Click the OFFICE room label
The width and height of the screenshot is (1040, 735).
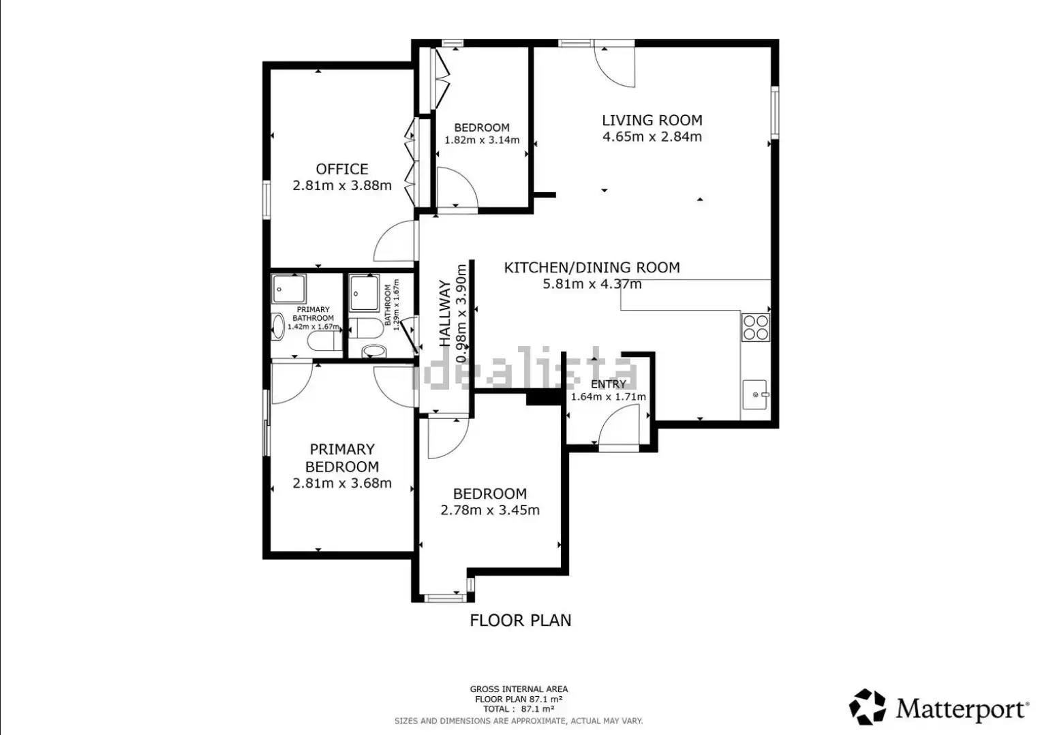(x=342, y=169)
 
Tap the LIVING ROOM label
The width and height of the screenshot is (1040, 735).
(x=652, y=120)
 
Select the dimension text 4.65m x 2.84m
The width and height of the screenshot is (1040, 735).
(x=652, y=137)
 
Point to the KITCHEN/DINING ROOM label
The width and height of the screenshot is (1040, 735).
(x=592, y=267)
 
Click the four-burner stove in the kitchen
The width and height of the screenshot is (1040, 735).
(x=755, y=328)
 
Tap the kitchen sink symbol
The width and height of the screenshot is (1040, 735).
(x=754, y=394)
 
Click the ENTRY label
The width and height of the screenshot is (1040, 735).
(x=608, y=384)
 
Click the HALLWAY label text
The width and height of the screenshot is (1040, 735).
(x=445, y=313)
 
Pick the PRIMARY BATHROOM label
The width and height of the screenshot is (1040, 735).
(x=313, y=313)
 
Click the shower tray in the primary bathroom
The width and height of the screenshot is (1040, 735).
(x=288, y=289)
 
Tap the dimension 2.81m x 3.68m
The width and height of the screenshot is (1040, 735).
(x=342, y=483)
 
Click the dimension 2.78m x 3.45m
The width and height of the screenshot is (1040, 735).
(x=490, y=510)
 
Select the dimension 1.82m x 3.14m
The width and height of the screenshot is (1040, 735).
(x=482, y=140)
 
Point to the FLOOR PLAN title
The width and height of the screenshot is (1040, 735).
(x=521, y=621)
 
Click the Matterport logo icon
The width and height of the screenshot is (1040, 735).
(x=867, y=706)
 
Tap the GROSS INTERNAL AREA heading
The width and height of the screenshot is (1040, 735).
(x=519, y=689)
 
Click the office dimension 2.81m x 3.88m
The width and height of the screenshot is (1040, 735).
(x=342, y=185)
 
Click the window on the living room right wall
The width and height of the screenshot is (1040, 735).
(x=775, y=112)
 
